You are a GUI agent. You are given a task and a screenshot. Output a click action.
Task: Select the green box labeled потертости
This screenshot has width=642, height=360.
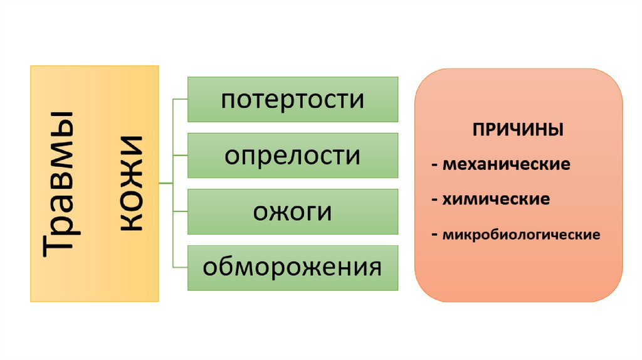click(x=293, y=99)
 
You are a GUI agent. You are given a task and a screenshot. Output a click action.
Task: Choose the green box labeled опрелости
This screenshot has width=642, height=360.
click(x=293, y=155)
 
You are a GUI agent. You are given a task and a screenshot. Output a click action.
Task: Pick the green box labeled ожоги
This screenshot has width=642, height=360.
click(x=293, y=211)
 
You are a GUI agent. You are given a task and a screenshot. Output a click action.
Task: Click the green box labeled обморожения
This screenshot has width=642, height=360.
click(x=293, y=267)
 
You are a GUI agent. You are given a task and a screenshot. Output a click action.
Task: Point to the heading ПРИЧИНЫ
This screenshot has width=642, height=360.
click(x=518, y=131)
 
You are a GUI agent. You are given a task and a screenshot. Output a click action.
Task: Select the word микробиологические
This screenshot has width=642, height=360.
click(x=521, y=236)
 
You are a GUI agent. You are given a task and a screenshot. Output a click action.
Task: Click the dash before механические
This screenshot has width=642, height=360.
click(x=434, y=166)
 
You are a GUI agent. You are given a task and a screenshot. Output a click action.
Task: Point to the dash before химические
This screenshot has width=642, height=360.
click(x=434, y=200)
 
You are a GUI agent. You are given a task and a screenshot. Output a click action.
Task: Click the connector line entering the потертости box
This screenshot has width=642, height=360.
click(x=181, y=99)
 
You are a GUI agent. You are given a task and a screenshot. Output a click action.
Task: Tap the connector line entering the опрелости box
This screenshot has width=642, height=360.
click(x=181, y=155)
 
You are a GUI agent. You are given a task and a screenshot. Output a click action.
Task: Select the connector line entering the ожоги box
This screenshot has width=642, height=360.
click(x=181, y=211)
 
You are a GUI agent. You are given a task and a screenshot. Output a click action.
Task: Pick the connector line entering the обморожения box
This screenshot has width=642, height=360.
click(x=181, y=267)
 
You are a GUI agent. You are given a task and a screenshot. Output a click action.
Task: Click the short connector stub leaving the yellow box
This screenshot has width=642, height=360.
click(x=166, y=183)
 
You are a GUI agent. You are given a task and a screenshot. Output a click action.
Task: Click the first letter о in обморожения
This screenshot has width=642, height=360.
click(x=209, y=268)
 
